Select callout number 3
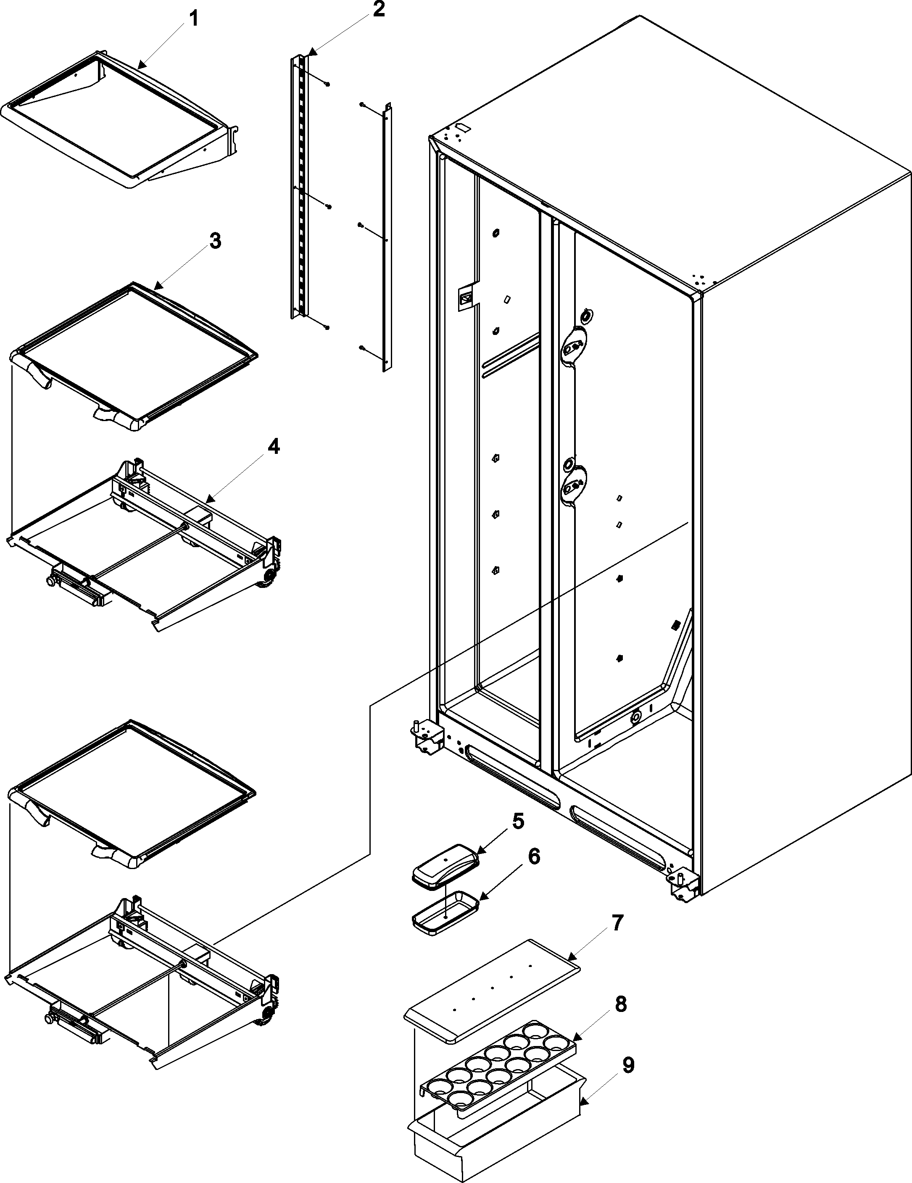215,241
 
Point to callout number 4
274,448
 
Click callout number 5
518,821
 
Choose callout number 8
621,1004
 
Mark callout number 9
627,1065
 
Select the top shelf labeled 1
119,122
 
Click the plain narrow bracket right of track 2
387,238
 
